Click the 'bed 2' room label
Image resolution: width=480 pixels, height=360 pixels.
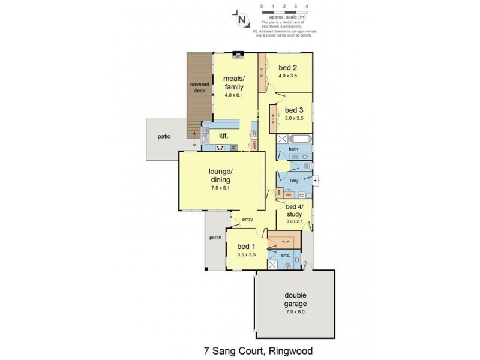pyautogui.click(x=287, y=68)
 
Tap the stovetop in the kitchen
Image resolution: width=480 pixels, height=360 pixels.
pyautogui.click(x=220, y=148)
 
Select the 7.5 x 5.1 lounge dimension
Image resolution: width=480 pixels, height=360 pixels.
pyautogui.click(x=220, y=188)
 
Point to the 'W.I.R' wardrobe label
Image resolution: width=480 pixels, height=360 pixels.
pyautogui.click(x=286, y=242)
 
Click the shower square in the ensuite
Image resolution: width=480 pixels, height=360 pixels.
pyautogui.click(x=274, y=265)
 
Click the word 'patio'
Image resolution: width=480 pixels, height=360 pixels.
pyautogui.click(x=164, y=136)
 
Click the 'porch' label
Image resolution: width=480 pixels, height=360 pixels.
pyautogui.click(x=215, y=238)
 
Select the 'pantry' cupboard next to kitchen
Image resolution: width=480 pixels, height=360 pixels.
pyautogui.click(x=255, y=145)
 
